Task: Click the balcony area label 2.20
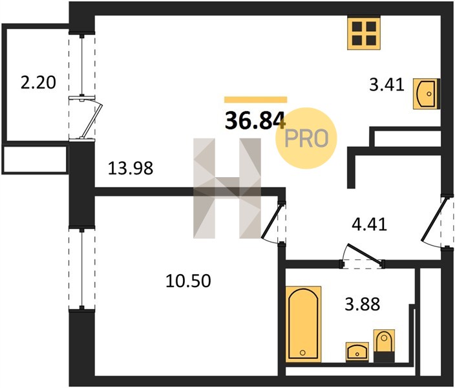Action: pyautogui.click(x=38, y=83)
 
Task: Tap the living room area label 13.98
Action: pyautogui.click(x=131, y=168)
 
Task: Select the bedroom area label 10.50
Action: pyautogui.click(x=188, y=281)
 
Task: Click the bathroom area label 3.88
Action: pyautogui.click(x=363, y=305)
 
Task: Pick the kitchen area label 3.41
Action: pyautogui.click(x=386, y=85)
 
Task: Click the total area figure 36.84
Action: pyautogui.click(x=255, y=120)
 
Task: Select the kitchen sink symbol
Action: pyautogui.click(x=427, y=94)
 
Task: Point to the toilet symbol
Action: pyautogui.click(x=384, y=345)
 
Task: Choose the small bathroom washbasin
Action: pyautogui.click(x=357, y=352)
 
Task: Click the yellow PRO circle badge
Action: pyautogui.click(x=306, y=138)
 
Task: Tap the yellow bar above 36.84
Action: pyautogui.click(x=256, y=100)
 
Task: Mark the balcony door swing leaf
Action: pyautogui.click(x=92, y=119)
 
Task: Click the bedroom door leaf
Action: pyautogui.click(x=271, y=221)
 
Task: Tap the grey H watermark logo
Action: pyautogui.click(x=228, y=188)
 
